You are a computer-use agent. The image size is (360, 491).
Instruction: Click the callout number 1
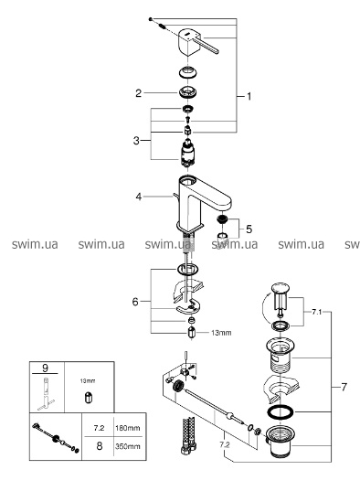249,96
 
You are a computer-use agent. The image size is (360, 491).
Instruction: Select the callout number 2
138,93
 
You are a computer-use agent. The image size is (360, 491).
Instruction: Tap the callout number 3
136,140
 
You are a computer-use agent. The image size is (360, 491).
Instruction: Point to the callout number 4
139,197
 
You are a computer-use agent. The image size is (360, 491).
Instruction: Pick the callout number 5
249,229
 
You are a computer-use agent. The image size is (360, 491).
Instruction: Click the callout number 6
135,302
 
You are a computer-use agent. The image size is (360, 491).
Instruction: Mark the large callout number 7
344,387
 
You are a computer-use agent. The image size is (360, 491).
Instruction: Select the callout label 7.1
317,312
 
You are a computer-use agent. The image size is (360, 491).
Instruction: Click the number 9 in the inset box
45,368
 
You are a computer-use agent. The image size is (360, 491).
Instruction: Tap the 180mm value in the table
127,428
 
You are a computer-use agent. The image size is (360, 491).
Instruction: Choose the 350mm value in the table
127,446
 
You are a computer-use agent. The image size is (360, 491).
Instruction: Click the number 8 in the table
100,445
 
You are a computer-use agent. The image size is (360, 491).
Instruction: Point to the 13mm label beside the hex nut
221,333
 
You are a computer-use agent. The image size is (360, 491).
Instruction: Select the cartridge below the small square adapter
187,154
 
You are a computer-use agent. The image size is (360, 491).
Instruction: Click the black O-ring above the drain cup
281,411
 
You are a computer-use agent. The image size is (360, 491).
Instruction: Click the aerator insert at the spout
222,219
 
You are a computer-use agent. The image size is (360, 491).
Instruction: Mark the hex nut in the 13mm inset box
88,397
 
